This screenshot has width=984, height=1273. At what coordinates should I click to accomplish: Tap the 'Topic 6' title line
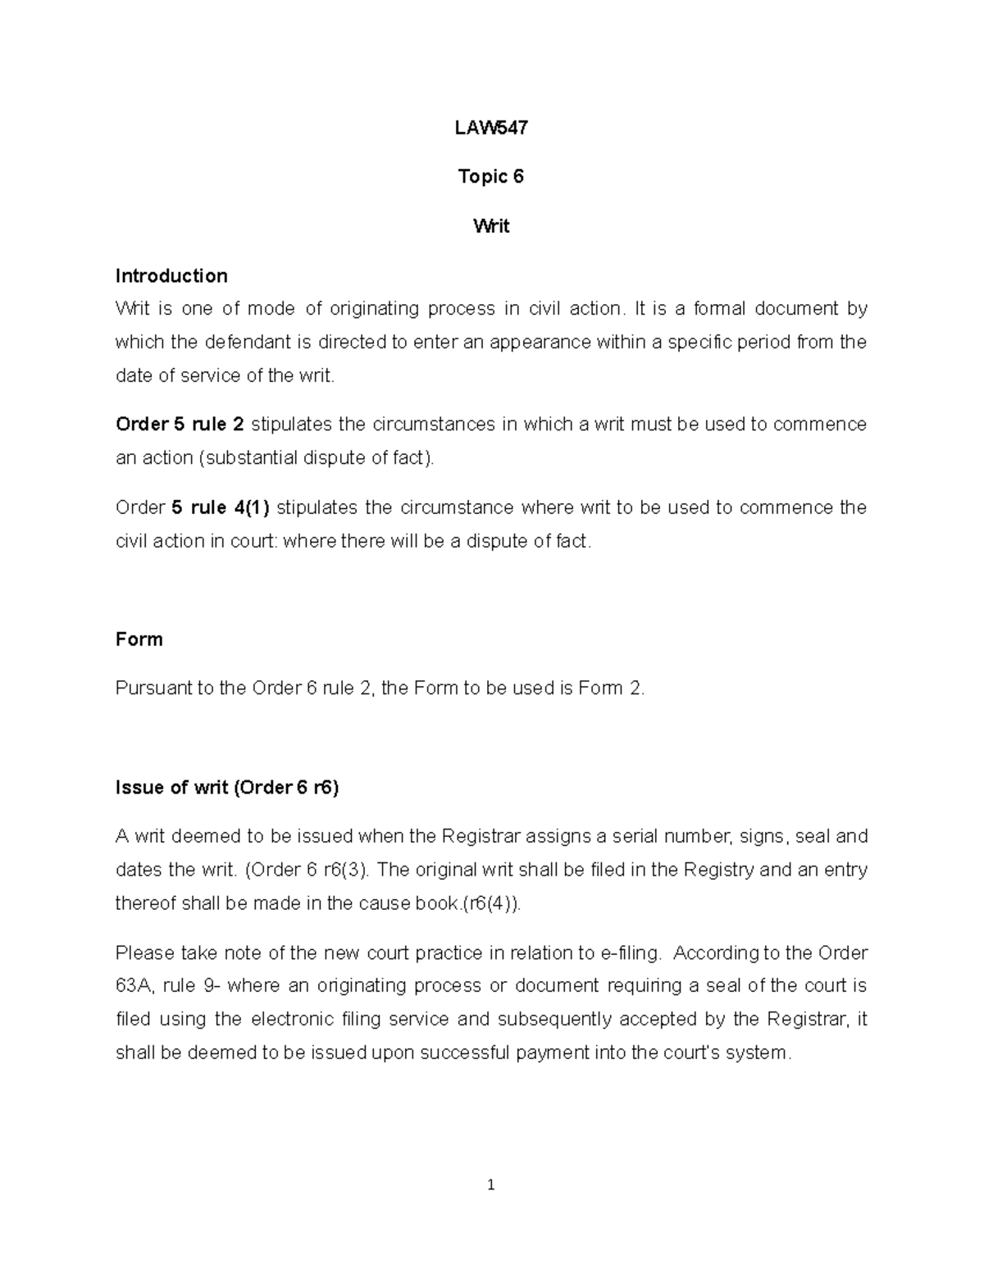[x=491, y=176]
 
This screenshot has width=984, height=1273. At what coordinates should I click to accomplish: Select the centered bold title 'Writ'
[x=491, y=225]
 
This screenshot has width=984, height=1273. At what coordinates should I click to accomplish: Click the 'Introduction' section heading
[x=171, y=275]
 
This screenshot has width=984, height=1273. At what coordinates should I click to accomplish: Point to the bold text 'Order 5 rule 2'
[x=180, y=425]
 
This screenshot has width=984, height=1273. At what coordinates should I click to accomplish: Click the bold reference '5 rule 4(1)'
[x=220, y=507]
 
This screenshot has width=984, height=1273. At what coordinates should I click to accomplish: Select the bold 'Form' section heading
[x=139, y=639]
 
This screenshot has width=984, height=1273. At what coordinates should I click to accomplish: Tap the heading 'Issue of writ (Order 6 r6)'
[x=227, y=788]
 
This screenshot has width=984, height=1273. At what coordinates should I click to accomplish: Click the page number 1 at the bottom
[x=490, y=1184]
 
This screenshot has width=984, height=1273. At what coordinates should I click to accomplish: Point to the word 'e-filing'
[x=630, y=952]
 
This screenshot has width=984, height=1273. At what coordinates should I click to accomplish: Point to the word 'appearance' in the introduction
[x=540, y=342]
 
